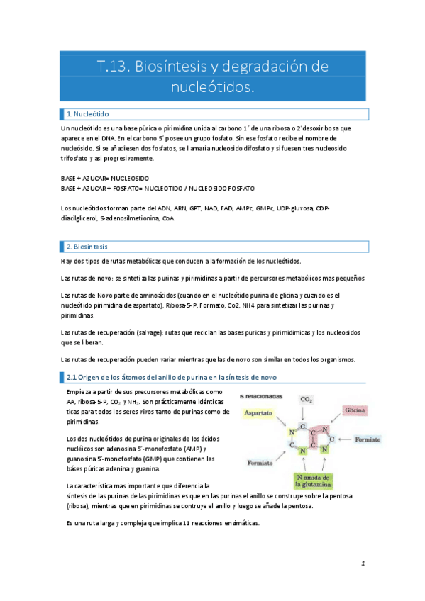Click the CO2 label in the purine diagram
tap(307, 400)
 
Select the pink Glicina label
tap(355, 410)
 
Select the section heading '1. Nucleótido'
tap(87, 113)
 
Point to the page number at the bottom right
tap(363, 563)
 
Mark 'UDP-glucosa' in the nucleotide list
tap(294, 208)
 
